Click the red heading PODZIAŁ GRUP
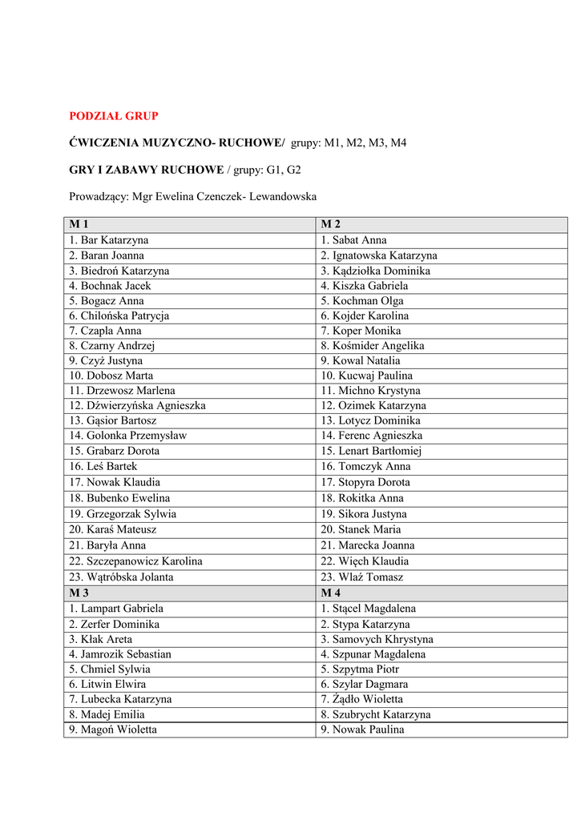(x=114, y=116)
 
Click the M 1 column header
(x=79, y=224)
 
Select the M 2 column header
(x=331, y=224)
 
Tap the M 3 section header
(x=79, y=593)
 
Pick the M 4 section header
(x=331, y=593)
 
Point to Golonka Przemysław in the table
(x=127, y=436)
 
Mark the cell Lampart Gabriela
(x=116, y=609)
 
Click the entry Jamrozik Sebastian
(x=120, y=654)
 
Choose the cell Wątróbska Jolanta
(x=121, y=577)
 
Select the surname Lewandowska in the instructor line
(x=283, y=196)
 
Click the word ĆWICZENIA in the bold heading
(x=103, y=143)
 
